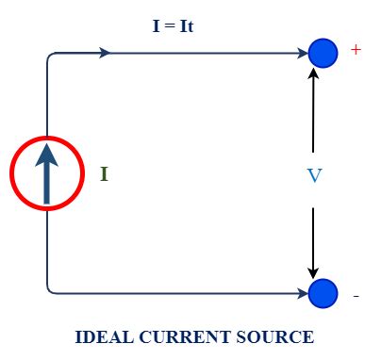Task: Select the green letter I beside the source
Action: tap(104, 174)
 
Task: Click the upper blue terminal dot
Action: tap(323, 53)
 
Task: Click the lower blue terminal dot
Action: tap(323, 293)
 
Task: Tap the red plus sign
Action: tap(356, 50)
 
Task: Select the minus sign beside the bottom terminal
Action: tap(356, 297)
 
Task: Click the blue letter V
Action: tap(315, 176)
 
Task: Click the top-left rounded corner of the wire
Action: tap(50, 57)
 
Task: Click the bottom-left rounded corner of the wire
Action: tap(50, 289)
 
